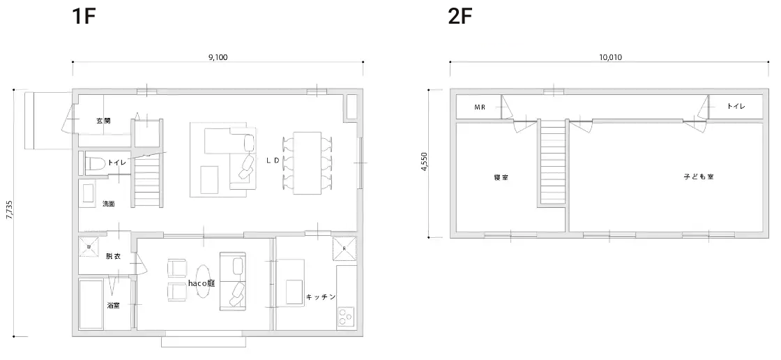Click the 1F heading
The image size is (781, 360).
pos(84,17)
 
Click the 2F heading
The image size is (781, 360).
pos(460,17)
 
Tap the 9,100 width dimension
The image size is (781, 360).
pos(218,57)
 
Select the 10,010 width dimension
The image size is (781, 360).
pos(610,57)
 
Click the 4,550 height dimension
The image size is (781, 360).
pos(425,162)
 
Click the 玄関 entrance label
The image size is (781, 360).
pos(103,121)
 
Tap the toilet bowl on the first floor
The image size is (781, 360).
pos(95,163)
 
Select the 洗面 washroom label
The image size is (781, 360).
pos(109,204)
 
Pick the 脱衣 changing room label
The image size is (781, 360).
pos(113,256)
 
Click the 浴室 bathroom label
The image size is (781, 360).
pos(113,305)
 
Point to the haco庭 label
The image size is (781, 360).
pos(202,283)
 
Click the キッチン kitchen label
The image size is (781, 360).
pos(320,297)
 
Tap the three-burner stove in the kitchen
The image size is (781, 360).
pos(346,317)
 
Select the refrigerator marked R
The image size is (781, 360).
pos(344,249)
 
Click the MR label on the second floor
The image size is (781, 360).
pos(480,107)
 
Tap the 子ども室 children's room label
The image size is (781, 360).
pos(699,177)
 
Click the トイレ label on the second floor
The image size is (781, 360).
pos(736,106)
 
